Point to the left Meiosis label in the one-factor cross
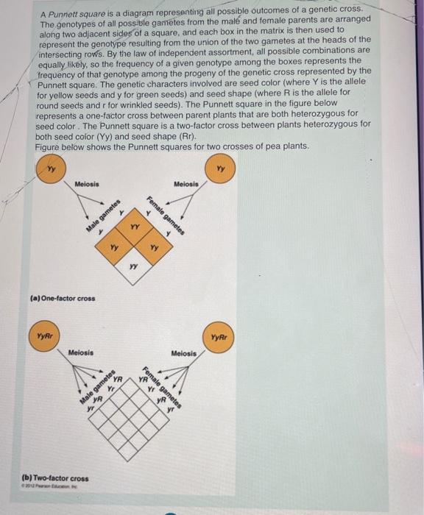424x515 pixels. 87,185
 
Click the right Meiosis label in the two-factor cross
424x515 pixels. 183,354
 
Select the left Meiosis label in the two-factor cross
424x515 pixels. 81,353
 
